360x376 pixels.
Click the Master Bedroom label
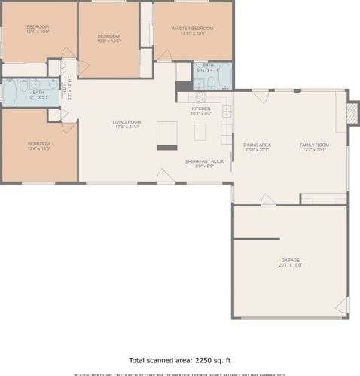(193, 29)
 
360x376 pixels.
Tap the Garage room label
(290, 260)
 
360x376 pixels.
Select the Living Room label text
(127, 122)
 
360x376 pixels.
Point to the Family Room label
(314, 145)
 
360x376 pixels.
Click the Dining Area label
(257, 145)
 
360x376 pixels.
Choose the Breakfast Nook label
(205, 161)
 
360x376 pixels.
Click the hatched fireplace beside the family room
(351, 112)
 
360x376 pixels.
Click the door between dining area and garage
(267, 200)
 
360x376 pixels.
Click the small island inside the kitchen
(200, 132)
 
